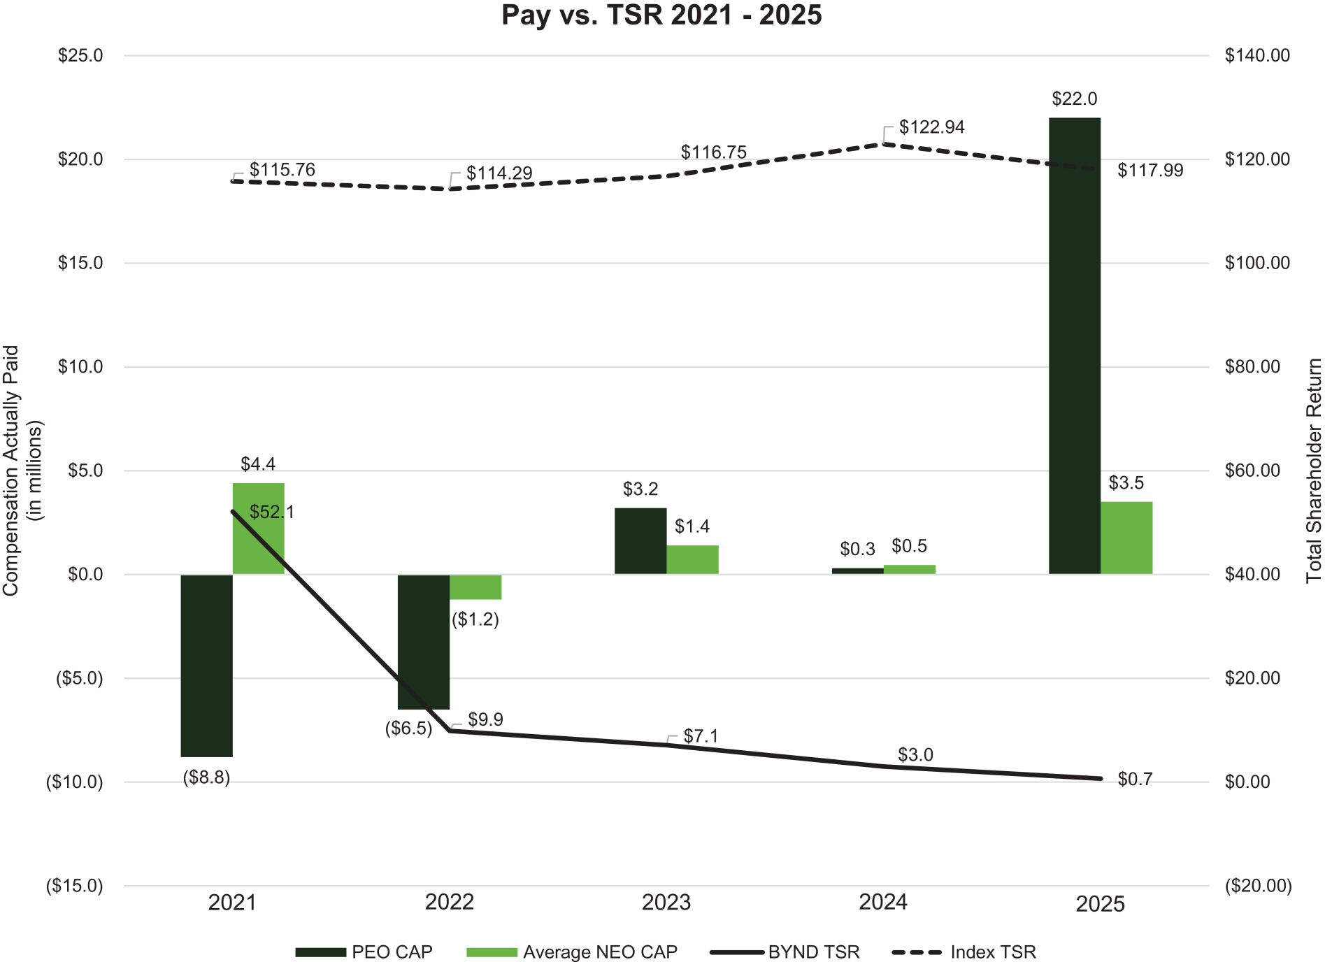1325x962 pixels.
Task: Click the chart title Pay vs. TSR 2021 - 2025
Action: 661,15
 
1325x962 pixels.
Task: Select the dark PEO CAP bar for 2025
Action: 1075,346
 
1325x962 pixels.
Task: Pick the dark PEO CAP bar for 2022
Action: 424,642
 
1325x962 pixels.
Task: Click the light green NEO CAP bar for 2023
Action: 692,559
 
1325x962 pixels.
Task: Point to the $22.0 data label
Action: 1075,99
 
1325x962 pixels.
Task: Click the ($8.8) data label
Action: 206,777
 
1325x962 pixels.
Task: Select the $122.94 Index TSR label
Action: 931,127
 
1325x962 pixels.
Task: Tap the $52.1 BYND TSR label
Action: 272,512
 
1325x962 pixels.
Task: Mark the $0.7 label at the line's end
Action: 1135,780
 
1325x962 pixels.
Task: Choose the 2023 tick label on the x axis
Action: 666,903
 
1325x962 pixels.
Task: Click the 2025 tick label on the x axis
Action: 1100,904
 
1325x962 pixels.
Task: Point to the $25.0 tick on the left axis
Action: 80,56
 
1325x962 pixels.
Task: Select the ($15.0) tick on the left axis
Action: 75,886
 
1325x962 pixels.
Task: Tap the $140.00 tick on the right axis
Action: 1257,56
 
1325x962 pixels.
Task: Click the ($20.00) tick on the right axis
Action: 1258,886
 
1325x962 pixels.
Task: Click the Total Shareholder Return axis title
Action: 1314,471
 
